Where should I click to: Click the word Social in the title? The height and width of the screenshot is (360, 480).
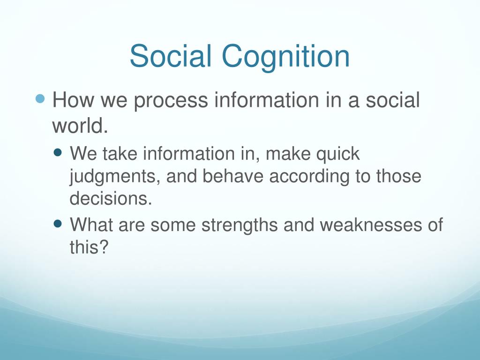[171, 56]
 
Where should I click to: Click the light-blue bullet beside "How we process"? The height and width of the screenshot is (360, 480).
[40, 98]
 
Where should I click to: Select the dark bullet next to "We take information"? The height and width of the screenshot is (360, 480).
[58, 152]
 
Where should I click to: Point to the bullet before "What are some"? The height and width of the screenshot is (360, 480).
[58, 224]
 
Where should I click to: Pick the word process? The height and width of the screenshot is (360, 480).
[171, 102]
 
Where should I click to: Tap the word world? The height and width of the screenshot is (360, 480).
[80, 126]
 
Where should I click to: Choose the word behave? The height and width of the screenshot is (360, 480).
[232, 176]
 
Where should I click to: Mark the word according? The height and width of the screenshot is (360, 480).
[309, 177]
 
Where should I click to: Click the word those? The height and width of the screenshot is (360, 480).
[398, 176]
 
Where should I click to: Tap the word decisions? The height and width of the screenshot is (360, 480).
[111, 198]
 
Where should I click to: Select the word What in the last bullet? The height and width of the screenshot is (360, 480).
[91, 225]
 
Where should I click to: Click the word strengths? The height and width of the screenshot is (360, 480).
[240, 226]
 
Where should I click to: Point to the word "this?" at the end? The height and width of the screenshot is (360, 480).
[89, 247]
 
